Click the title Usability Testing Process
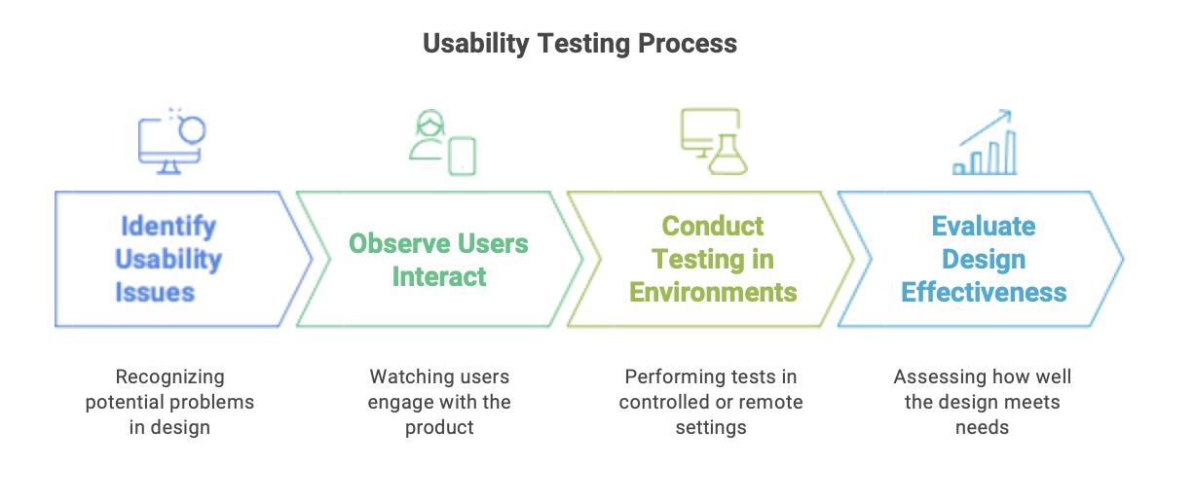pyautogui.click(x=579, y=44)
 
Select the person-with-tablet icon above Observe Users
pyautogui.click(x=442, y=142)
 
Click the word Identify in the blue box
pyautogui.click(x=168, y=227)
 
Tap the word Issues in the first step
pyautogui.click(x=155, y=292)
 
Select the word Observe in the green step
pyautogui.click(x=399, y=243)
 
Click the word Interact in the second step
pyautogui.click(x=439, y=277)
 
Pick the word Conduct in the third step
pyautogui.click(x=713, y=227)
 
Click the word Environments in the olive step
pyautogui.click(x=713, y=292)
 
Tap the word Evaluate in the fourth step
pyautogui.click(x=984, y=227)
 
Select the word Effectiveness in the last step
pyautogui.click(x=984, y=292)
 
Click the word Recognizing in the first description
pyautogui.click(x=170, y=377)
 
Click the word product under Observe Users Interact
pyautogui.click(x=439, y=428)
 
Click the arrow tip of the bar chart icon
pyautogui.click(x=1010, y=111)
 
